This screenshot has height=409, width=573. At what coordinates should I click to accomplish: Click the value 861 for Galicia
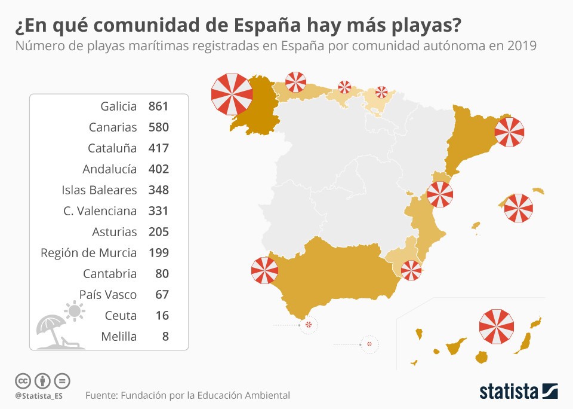[158, 106]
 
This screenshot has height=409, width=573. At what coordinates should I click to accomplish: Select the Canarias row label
[112, 127]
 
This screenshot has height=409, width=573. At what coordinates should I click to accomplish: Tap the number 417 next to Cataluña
[158, 148]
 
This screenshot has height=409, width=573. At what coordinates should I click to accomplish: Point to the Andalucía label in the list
[109, 169]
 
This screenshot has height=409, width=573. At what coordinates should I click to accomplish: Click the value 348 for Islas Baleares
[158, 190]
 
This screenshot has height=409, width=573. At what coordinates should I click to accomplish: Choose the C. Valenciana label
[100, 211]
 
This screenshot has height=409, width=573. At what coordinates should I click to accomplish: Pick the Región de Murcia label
[88, 253]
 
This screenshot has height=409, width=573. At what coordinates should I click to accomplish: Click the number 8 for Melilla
[165, 337]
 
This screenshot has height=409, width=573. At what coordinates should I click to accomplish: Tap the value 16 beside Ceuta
[161, 316]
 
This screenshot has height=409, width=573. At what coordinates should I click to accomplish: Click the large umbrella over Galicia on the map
[232, 94]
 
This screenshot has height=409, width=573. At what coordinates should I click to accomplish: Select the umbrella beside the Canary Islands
[497, 327]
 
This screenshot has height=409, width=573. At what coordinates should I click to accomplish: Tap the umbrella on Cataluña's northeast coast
[509, 132]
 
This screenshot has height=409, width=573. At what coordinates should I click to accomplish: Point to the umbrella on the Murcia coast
[411, 270]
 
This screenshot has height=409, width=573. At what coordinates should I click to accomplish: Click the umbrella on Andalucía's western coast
[264, 270]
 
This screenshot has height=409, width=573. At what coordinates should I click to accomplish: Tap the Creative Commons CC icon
[23, 380]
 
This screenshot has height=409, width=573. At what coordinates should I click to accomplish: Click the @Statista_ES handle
[39, 396]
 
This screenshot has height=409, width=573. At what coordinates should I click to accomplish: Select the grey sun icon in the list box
[75, 311]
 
